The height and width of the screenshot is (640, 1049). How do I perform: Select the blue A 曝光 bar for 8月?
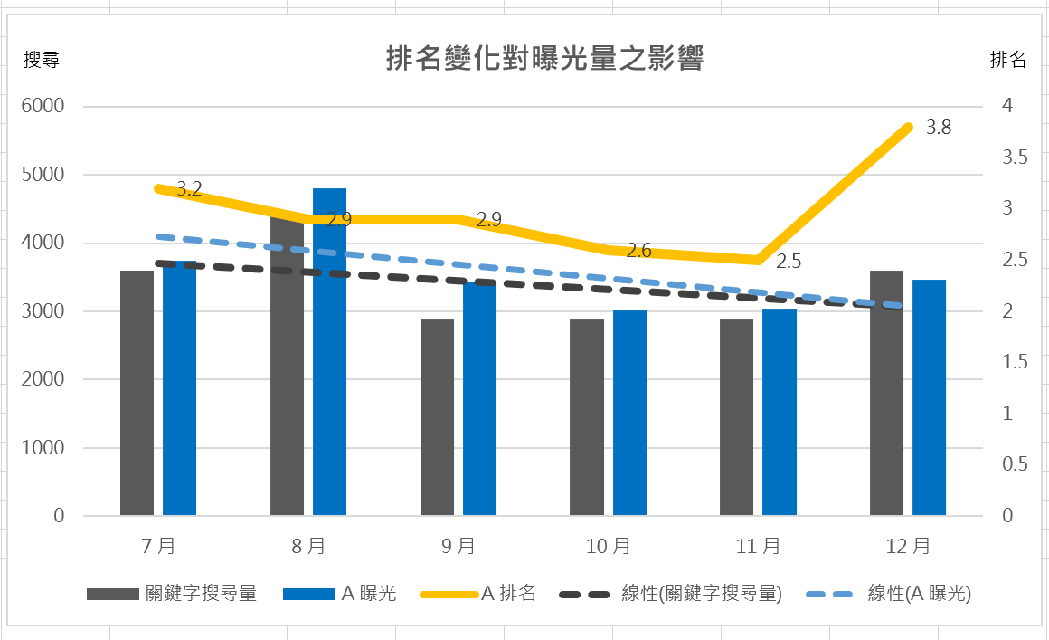tap(329, 362)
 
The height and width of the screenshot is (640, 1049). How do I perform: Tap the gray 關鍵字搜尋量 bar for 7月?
tap(137, 398)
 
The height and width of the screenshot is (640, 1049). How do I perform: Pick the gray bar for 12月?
tap(886, 398)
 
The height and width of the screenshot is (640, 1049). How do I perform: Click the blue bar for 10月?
tap(629, 416)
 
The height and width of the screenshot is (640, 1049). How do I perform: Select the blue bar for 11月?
tap(780, 416)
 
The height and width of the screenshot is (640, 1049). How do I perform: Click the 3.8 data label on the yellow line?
tap(939, 128)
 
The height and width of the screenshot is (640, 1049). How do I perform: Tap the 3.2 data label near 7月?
tap(189, 189)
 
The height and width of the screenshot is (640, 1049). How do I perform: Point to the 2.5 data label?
tap(789, 262)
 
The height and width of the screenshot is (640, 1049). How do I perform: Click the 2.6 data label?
tap(638, 250)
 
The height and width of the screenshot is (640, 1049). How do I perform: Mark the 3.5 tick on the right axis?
tap(1016, 158)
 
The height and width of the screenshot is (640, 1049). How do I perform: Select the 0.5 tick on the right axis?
tap(1016, 464)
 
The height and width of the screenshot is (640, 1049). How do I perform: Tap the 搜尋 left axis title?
tap(42, 61)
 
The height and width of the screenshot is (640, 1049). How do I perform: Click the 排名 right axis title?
tap(1008, 61)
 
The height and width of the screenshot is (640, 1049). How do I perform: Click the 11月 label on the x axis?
tap(758, 546)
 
